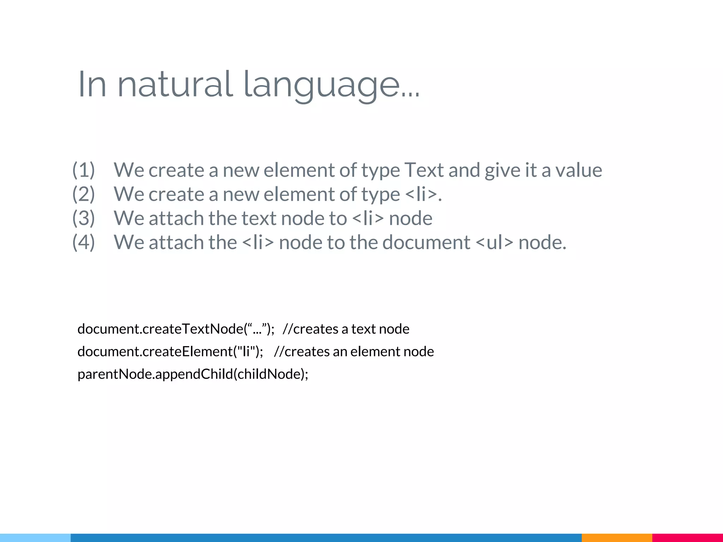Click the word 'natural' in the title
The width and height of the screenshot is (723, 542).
175,85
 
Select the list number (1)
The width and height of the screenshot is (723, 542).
84,170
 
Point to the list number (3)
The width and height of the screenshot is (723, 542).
84,218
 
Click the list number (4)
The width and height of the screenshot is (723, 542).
84,242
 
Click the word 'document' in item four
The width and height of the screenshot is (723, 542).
426,242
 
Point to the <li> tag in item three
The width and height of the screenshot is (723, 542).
368,218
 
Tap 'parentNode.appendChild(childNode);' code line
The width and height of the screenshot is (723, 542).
193,374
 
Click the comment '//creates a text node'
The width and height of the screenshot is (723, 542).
346,329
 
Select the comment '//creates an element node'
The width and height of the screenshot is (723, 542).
354,351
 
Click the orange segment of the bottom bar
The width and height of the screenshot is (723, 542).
617,538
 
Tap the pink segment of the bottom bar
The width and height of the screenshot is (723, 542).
687,538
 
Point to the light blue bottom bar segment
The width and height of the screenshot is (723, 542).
35,538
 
